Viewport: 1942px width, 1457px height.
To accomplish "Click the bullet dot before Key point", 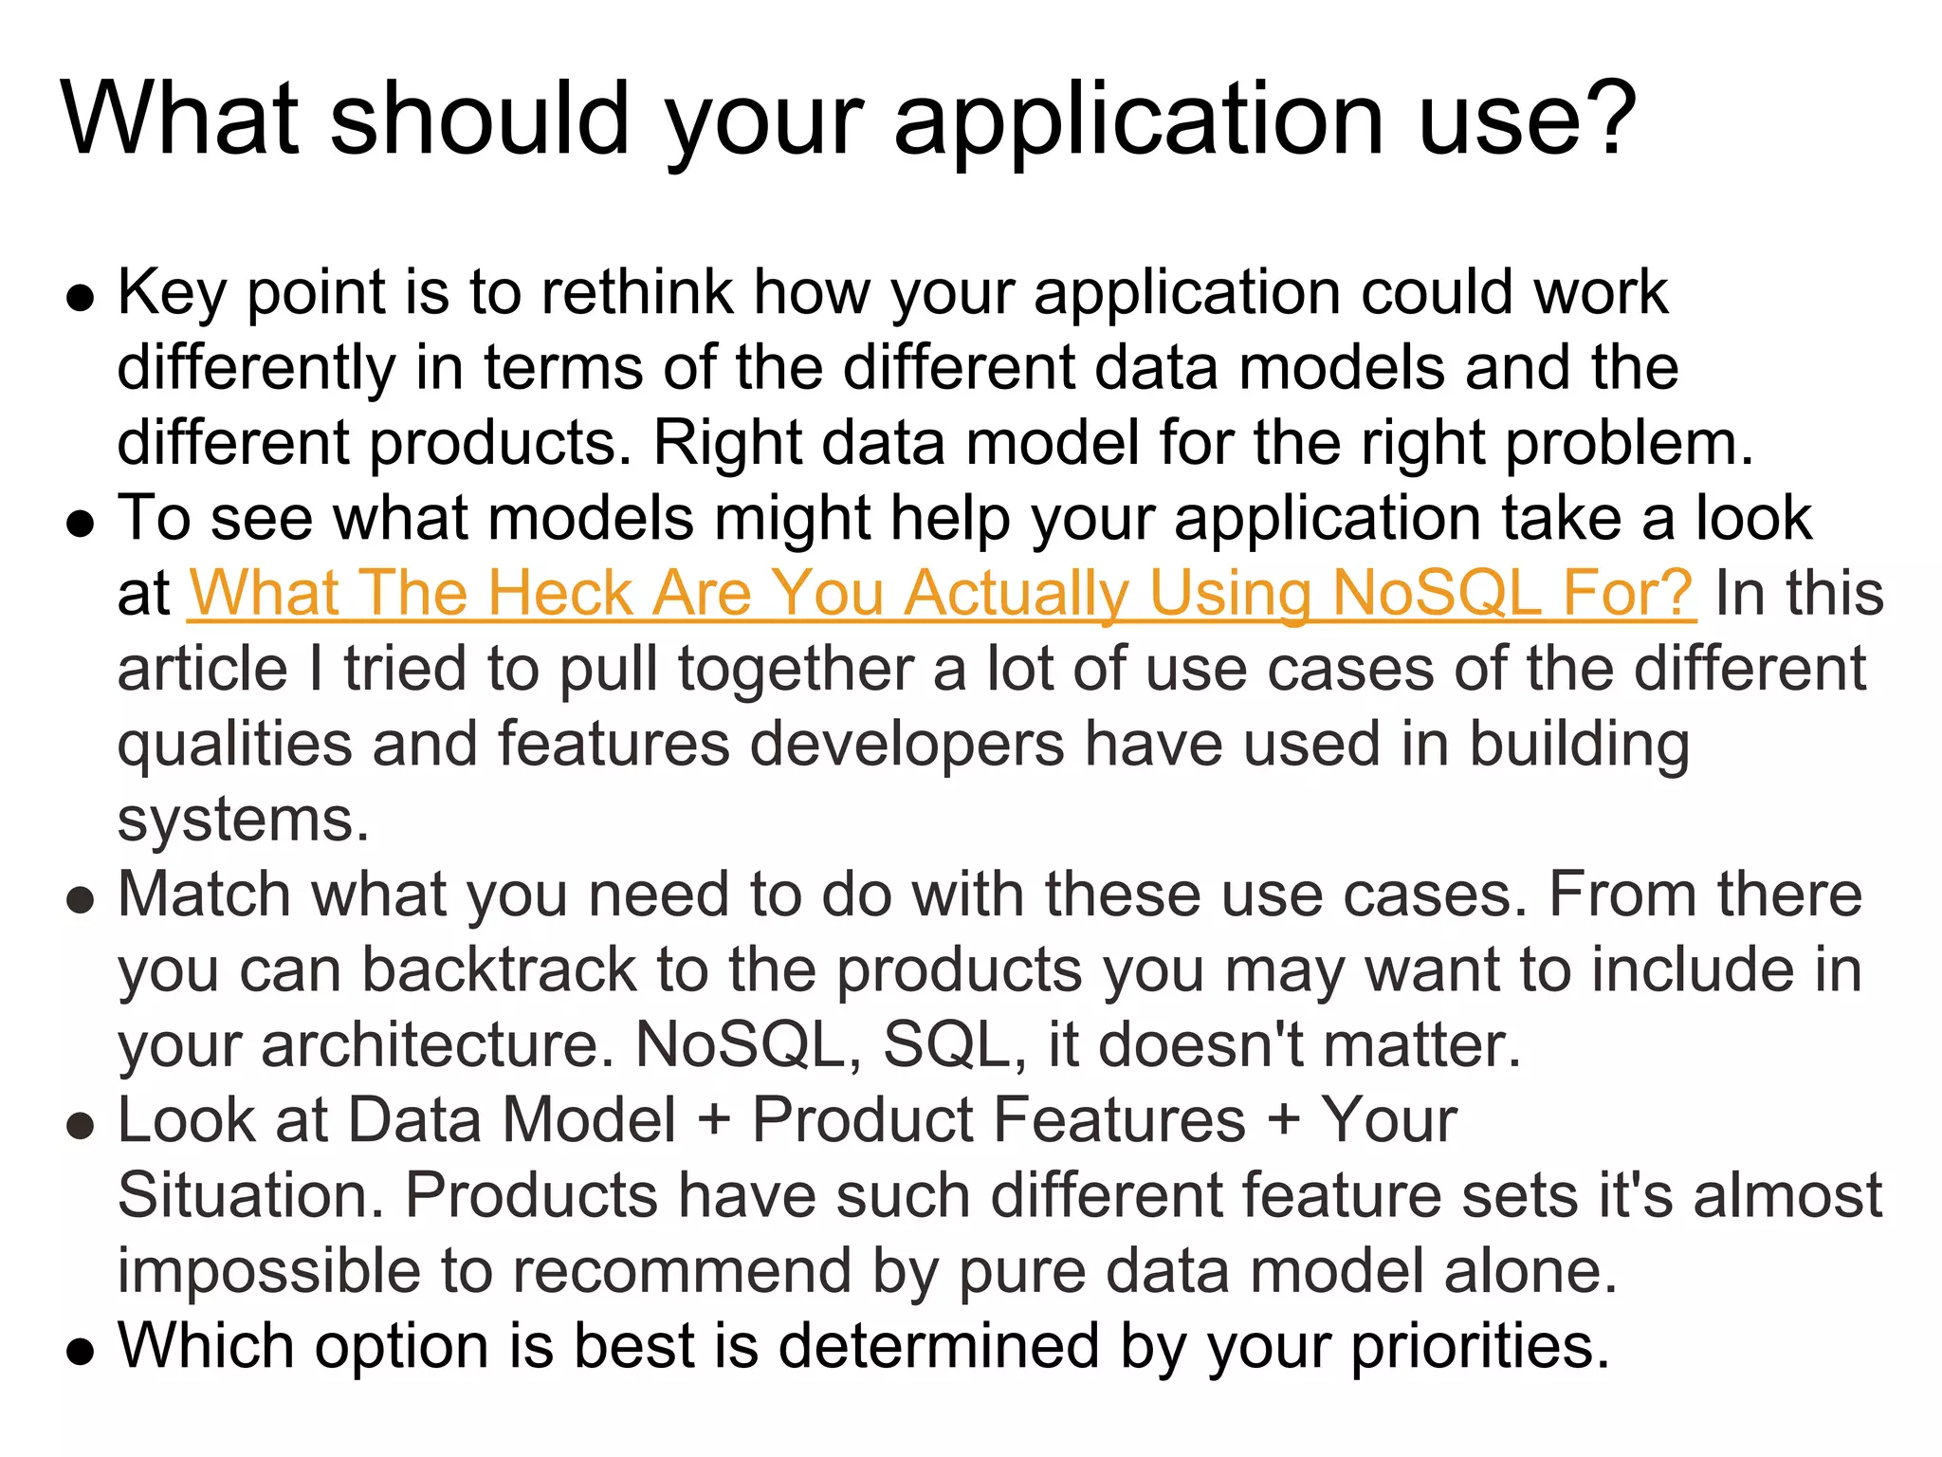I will tap(81, 298).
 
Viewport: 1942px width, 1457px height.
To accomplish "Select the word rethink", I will tap(636, 292).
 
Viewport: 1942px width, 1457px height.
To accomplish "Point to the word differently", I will tap(256, 369).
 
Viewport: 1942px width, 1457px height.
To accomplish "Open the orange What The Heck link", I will tap(941, 595).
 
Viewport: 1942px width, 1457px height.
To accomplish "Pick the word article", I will tap(202, 670).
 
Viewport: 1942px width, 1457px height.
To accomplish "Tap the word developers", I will tap(907, 745).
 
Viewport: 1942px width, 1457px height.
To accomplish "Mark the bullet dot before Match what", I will tap(81, 900).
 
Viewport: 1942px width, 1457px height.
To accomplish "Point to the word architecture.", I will tap(437, 1046).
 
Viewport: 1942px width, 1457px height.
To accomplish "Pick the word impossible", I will tap(268, 1272).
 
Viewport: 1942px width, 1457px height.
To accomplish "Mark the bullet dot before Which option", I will tap(81, 1351).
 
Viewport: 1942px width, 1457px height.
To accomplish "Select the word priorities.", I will tap(1479, 1347).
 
